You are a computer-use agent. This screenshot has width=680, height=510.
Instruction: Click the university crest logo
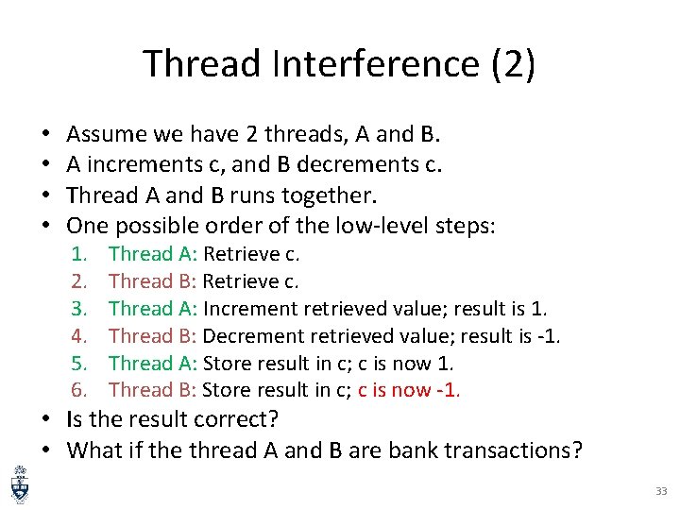[19, 484]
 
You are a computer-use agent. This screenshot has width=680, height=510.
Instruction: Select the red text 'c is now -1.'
[409, 390]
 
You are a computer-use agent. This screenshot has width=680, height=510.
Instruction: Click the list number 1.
[82, 254]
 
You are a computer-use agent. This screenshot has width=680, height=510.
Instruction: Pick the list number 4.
[82, 336]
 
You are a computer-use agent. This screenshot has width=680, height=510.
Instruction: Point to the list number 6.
[82, 390]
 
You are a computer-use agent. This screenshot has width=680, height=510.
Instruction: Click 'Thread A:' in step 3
[153, 309]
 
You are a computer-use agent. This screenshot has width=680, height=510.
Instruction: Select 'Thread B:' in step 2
[153, 281]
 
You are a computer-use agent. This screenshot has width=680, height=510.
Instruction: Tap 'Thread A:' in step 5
[153, 364]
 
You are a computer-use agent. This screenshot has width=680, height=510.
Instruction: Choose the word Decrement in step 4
[247, 336]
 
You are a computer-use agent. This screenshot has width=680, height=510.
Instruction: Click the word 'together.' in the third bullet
[327, 195]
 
